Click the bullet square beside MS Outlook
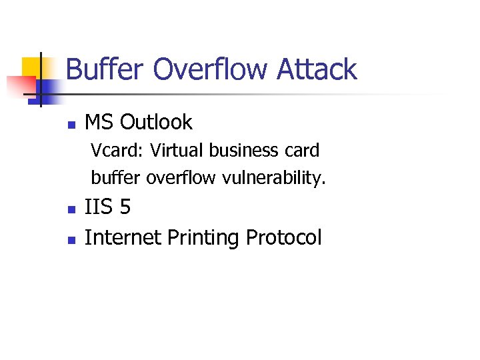pyautogui.click(x=71, y=124)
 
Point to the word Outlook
pyautogui.click(x=157, y=123)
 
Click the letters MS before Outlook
pyautogui.click(x=99, y=123)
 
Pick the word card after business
pyautogui.click(x=303, y=151)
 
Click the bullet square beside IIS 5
pyautogui.click(x=71, y=209)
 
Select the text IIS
pyautogui.click(x=99, y=208)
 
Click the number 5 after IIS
pyautogui.click(x=125, y=208)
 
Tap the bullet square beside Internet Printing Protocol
pyautogui.click(x=71, y=239)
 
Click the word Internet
pyautogui.click(x=123, y=237)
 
